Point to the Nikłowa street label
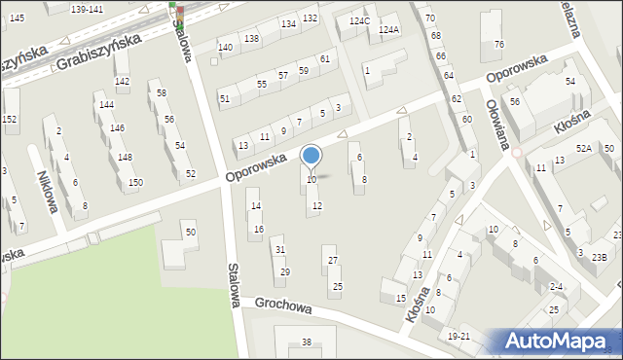point(46,184)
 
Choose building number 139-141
point(87,9)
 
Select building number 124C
point(359,20)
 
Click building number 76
point(499,45)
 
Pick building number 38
point(306,342)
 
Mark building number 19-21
point(458,336)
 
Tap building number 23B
point(600,257)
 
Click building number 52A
point(583,148)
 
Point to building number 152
point(10,119)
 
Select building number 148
point(125,158)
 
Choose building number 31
point(280,250)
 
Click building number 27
point(333,261)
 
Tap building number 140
point(226,47)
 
